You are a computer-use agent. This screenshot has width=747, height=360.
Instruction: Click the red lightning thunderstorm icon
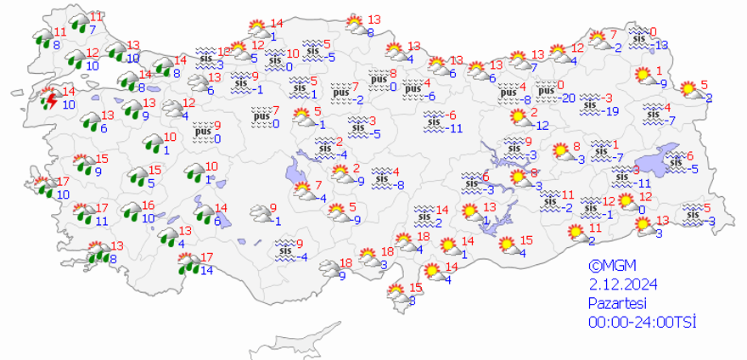tap(50, 100)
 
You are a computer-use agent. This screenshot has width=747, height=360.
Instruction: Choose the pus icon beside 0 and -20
tap(542, 90)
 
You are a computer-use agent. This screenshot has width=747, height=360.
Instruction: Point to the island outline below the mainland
tap(314, 340)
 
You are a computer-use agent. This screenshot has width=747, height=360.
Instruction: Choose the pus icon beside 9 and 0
tap(202, 132)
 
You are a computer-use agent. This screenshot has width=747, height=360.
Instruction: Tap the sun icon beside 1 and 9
tap(645, 76)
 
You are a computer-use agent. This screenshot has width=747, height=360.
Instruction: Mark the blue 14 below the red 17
tap(206, 271)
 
